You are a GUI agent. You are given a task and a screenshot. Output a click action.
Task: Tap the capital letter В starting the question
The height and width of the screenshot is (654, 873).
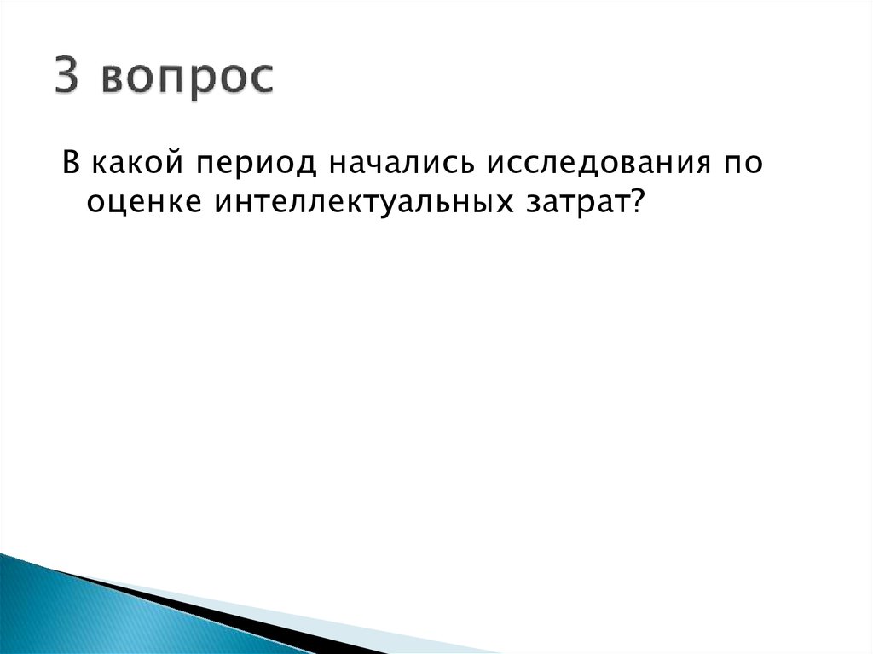coord(70,162)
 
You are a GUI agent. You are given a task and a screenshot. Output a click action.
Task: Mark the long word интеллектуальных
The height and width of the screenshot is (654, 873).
coord(368,203)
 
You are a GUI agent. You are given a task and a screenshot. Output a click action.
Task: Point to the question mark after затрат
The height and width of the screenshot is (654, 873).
coord(636,202)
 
